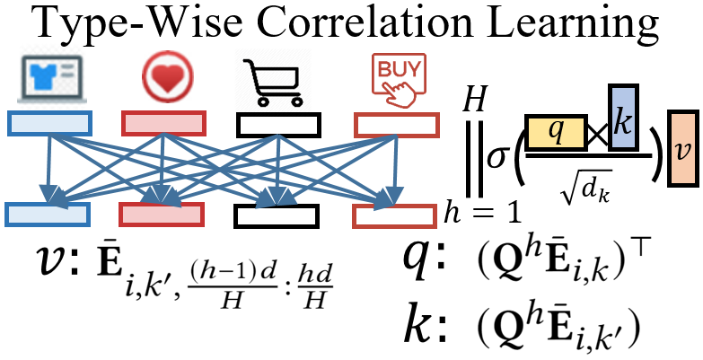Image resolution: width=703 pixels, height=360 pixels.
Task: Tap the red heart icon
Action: point(163,77)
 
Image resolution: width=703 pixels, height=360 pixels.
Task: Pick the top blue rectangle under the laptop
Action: point(48,124)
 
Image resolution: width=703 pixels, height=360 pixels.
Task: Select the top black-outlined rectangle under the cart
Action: point(277,124)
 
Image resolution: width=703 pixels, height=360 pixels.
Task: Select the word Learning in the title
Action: point(551,26)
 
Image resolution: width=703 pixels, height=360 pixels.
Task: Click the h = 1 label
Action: point(481,213)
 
